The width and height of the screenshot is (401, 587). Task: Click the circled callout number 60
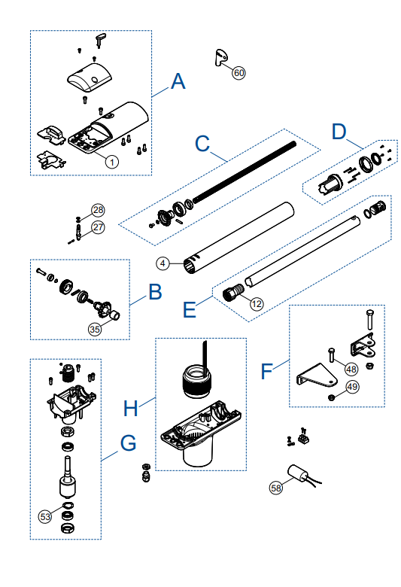(x=239, y=72)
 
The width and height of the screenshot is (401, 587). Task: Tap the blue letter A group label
(x=178, y=81)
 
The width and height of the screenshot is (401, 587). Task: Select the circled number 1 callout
(x=111, y=162)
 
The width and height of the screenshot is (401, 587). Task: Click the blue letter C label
(x=202, y=144)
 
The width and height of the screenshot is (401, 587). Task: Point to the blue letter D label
(x=339, y=132)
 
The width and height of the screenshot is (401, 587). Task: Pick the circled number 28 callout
(x=98, y=210)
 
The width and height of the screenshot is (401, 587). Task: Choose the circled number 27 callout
(x=98, y=227)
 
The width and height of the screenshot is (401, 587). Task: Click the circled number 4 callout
(x=163, y=263)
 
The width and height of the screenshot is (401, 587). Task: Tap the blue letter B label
(x=156, y=292)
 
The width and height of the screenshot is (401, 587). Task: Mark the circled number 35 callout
(x=95, y=329)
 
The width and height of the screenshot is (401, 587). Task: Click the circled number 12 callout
(x=257, y=303)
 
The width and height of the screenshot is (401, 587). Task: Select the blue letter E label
(x=190, y=309)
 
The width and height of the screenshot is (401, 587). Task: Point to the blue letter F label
(x=266, y=371)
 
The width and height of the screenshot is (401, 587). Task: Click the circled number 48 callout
(x=351, y=370)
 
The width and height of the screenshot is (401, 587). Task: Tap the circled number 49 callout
(x=352, y=386)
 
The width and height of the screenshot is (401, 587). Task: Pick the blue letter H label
(x=130, y=408)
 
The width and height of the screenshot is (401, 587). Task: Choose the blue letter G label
(x=128, y=443)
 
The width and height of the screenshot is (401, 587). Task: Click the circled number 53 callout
(x=45, y=516)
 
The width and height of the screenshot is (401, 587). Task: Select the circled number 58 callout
(x=276, y=488)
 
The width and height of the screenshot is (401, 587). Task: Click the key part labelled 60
(x=220, y=56)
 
